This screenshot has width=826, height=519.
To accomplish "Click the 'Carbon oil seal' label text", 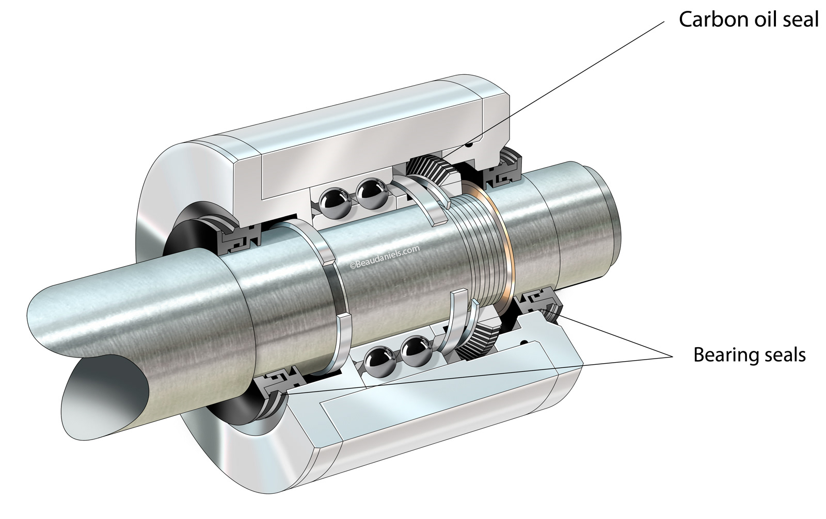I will (748, 19).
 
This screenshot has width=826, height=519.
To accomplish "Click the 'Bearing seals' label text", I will (749, 355).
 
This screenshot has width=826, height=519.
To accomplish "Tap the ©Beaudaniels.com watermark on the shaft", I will (385, 256).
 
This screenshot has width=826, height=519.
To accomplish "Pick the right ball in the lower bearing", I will (415, 350).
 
